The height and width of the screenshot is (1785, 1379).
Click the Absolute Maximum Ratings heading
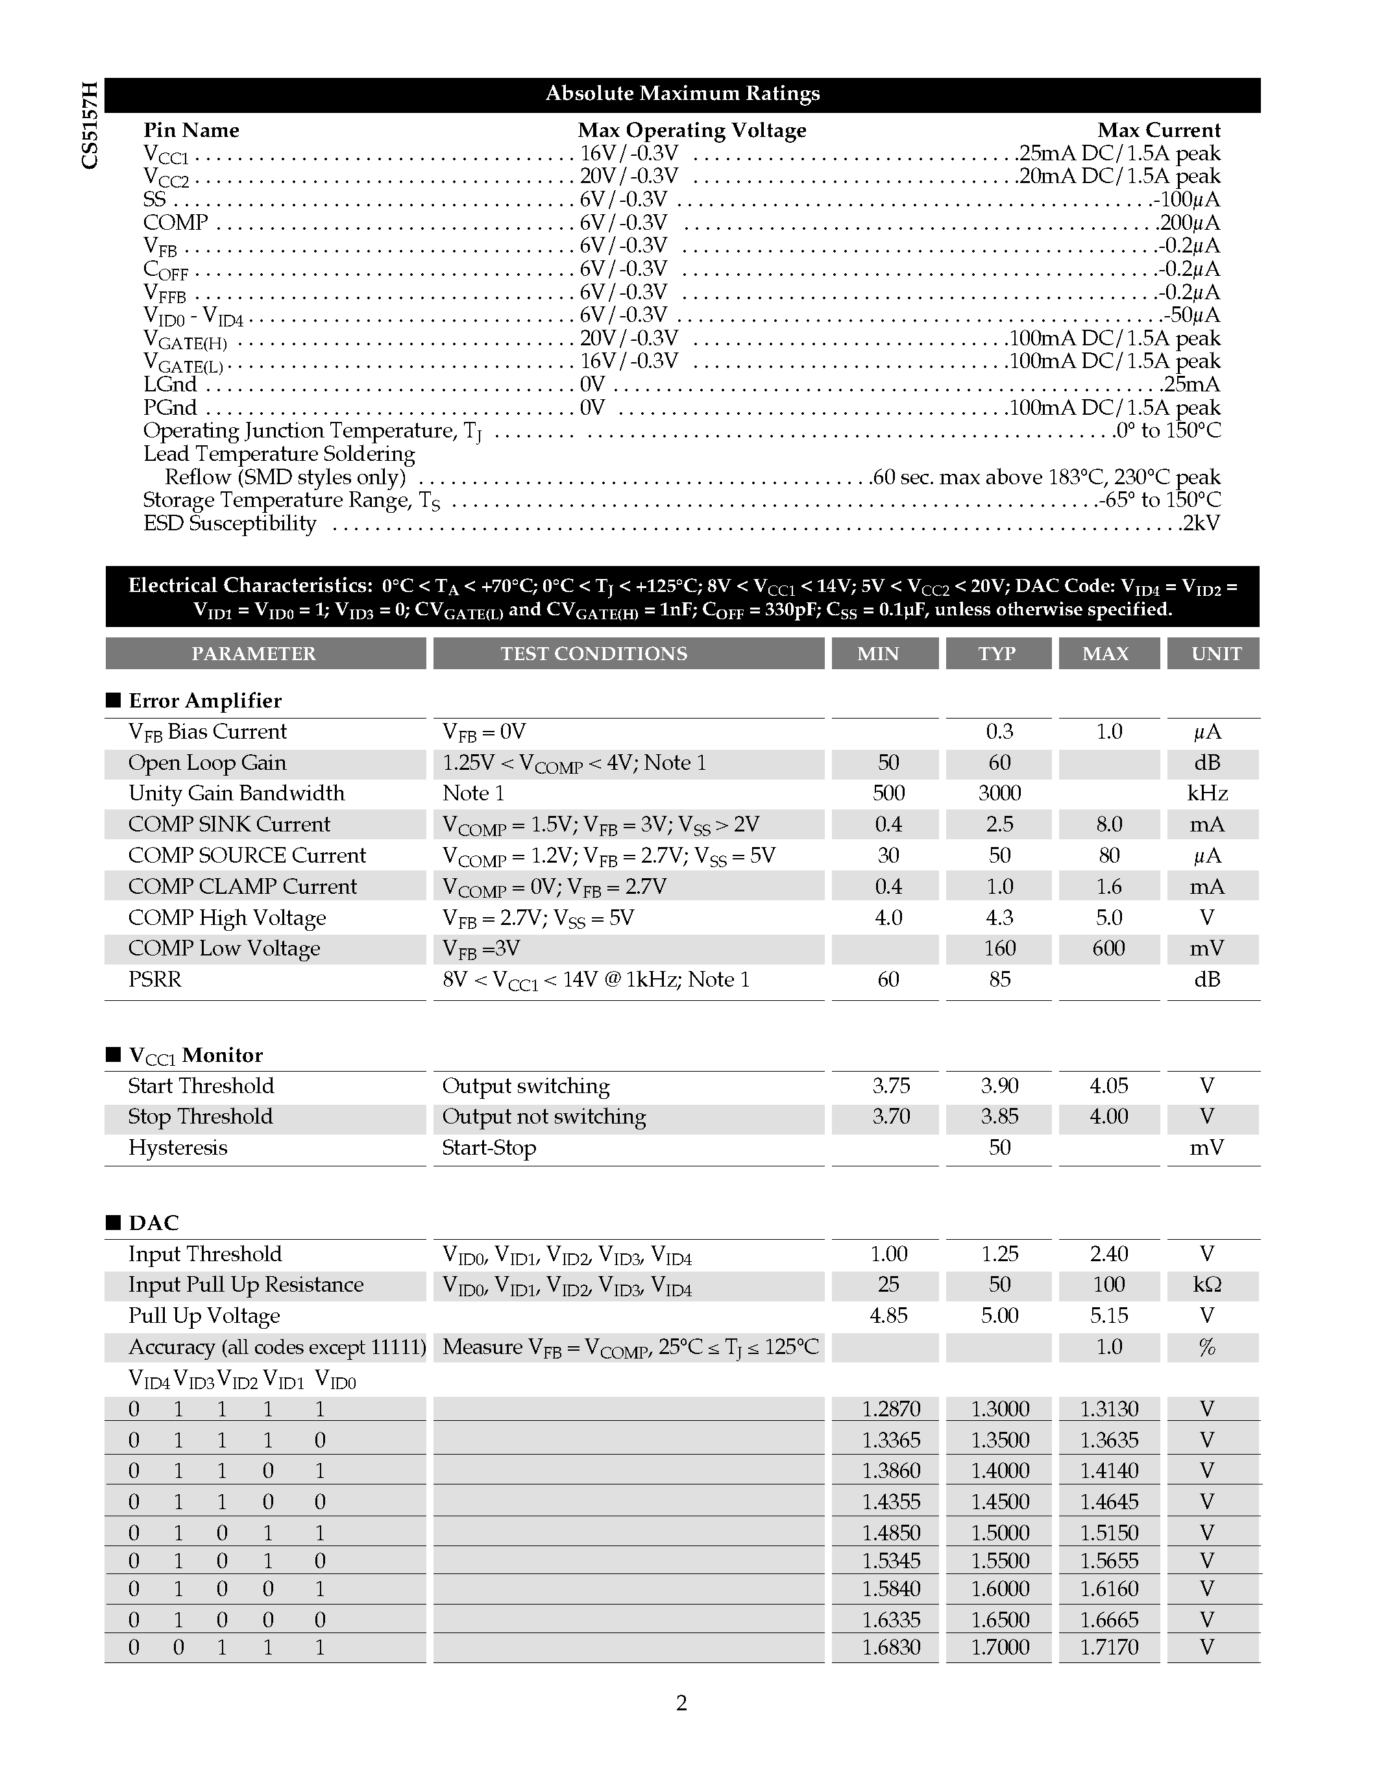682,94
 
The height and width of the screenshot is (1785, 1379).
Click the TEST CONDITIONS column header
594,654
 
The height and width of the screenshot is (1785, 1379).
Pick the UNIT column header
1215,654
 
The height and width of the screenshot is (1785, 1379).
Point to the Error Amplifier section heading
204,700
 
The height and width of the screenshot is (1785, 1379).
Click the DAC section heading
154,1223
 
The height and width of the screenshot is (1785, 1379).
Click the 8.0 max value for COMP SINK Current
1108,824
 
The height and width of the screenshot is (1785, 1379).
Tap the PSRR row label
155,979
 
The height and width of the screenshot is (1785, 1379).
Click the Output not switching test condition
544,1117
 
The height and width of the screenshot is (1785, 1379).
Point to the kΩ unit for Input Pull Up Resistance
1206,1285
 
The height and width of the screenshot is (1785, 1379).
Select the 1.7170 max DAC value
1108,1647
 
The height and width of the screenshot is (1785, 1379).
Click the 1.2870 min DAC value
890,1409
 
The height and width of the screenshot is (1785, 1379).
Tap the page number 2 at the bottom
681,1703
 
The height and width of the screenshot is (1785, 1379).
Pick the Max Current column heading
1158,130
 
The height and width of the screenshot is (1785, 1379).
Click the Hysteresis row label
177,1148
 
